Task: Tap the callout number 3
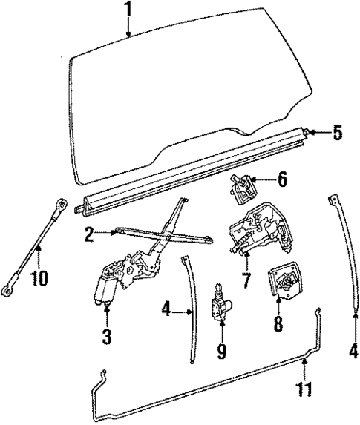(x=106, y=337)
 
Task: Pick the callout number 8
(x=278, y=324)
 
